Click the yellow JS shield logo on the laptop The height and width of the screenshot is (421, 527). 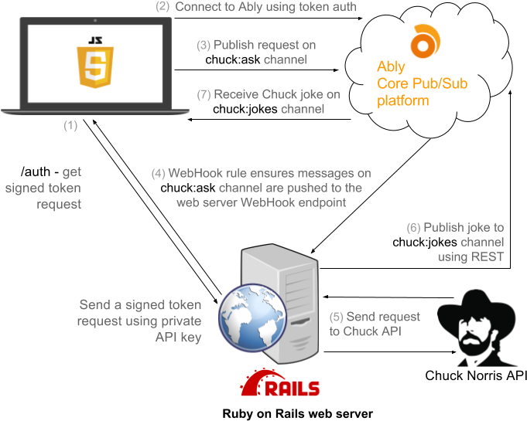pos(95,63)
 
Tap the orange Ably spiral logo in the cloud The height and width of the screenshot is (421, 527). pos(425,41)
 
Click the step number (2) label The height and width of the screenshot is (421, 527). pos(163,6)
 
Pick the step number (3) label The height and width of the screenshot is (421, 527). pos(204,45)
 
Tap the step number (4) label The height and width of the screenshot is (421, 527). pos(158,174)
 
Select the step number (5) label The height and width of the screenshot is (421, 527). pos(336,317)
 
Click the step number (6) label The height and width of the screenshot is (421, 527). pos(413,228)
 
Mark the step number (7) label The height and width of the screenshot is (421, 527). pos(204,94)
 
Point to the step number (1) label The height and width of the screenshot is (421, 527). pos(70,125)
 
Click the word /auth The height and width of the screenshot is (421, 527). pos(36,171)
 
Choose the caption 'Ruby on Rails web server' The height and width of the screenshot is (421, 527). pos(297,413)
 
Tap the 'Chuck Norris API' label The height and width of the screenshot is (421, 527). pos(476,375)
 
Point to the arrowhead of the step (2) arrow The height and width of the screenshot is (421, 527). pos(361,18)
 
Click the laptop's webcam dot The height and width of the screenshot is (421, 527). pos(95,21)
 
